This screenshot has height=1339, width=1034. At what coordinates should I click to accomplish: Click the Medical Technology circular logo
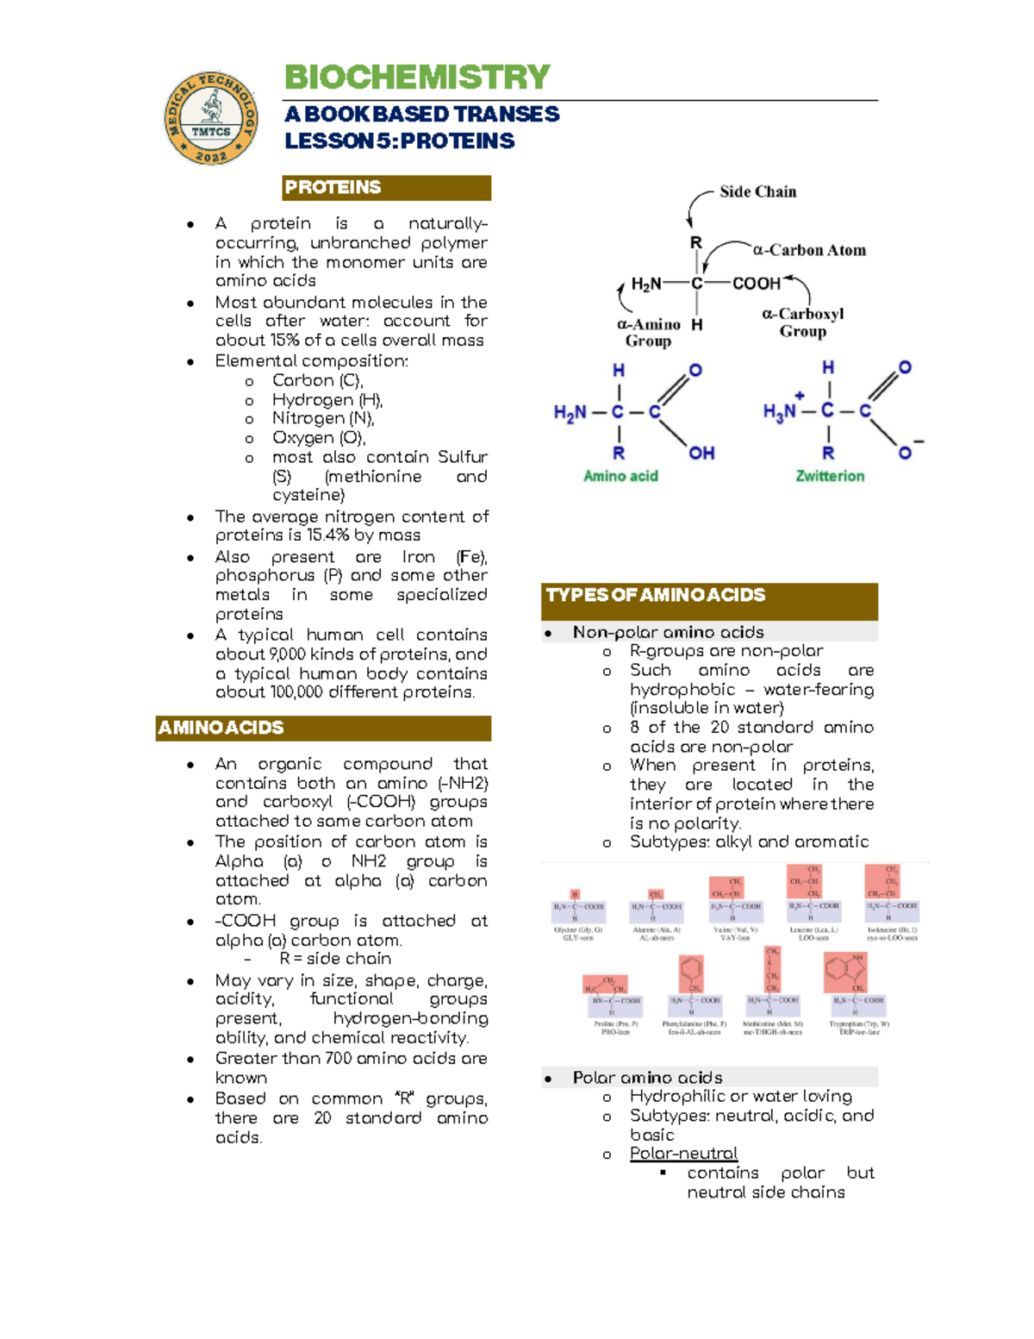[211, 118]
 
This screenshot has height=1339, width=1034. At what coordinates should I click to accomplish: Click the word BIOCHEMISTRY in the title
[417, 78]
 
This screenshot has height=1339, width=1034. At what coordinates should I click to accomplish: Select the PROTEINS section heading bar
[386, 188]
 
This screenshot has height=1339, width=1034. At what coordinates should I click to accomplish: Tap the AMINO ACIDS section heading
[323, 729]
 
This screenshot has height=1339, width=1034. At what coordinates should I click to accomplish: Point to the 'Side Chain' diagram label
[757, 192]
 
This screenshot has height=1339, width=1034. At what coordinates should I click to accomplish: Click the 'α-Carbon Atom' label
[809, 251]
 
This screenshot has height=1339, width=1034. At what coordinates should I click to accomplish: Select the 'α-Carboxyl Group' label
[802, 322]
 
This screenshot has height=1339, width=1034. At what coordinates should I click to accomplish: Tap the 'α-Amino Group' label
[649, 333]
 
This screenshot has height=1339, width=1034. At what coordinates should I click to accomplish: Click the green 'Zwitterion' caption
[830, 476]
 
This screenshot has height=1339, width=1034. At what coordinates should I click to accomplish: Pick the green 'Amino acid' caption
[620, 476]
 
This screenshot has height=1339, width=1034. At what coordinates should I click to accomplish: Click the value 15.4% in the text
[327, 535]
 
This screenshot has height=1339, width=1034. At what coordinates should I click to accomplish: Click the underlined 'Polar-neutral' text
[683, 1154]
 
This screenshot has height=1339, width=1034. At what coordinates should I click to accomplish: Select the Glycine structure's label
[578, 934]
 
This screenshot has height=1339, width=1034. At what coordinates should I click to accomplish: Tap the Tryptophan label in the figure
[860, 1028]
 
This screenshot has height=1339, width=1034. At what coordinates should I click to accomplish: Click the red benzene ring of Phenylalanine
[691, 969]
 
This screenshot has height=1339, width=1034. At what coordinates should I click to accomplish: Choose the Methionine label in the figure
[773, 1028]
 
